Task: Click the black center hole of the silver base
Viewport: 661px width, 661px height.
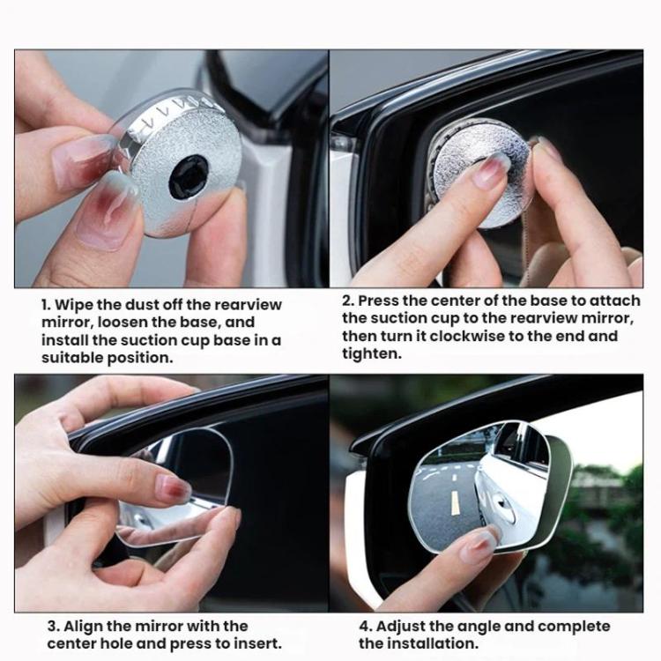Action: (x=188, y=176)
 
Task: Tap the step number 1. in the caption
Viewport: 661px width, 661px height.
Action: (x=47, y=305)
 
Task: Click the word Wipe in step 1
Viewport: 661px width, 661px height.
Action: (x=76, y=305)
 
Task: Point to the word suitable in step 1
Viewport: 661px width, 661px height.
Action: (x=71, y=358)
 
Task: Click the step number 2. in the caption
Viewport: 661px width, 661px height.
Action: (x=348, y=301)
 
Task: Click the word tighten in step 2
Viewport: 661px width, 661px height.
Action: (x=371, y=353)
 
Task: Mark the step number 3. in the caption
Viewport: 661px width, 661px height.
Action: (x=52, y=627)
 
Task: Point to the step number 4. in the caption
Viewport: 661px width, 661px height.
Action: (x=364, y=627)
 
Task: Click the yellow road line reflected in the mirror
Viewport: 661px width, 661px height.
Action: (x=455, y=502)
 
